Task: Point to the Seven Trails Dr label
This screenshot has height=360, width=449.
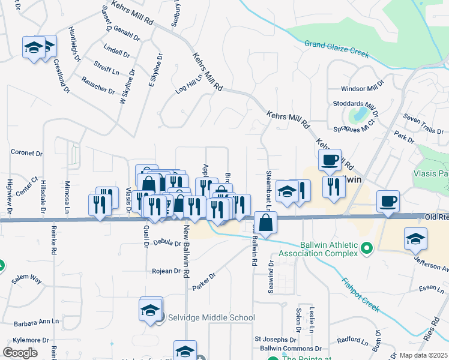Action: click(423, 124)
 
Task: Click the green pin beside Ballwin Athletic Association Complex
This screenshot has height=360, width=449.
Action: click(367, 247)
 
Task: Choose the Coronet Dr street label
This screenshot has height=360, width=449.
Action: click(26, 153)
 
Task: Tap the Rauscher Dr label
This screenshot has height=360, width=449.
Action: click(98, 85)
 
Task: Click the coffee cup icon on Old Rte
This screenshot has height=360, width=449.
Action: click(388, 200)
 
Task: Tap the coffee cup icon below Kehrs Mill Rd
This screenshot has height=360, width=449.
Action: click(330, 160)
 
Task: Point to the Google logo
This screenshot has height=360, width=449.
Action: click(20, 353)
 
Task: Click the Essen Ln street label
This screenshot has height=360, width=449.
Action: click(432, 289)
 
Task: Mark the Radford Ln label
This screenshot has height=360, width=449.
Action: click(352, 341)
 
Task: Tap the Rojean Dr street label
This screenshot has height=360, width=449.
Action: click(169, 271)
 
